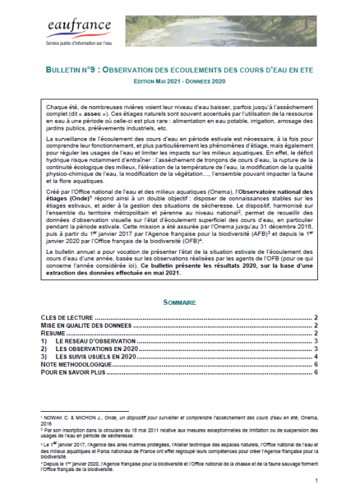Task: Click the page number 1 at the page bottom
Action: click(315, 481)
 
